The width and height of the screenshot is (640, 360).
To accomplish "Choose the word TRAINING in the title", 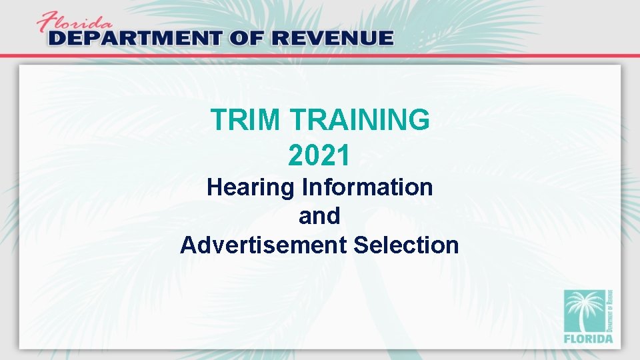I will tap(361, 121).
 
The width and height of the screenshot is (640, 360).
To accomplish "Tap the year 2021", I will tap(319, 155).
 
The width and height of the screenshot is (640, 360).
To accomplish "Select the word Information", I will tap(368, 187).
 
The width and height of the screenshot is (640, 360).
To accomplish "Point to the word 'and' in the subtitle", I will tap(319, 216).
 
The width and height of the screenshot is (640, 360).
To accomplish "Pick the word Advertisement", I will tap(263, 245).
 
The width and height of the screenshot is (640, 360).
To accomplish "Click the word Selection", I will tap(406, 245).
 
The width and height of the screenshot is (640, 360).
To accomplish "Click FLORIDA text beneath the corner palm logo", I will tap(588, 339).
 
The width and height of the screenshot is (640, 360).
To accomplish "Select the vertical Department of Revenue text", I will tap(610, 310).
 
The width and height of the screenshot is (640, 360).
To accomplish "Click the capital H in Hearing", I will tap(215, 187).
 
